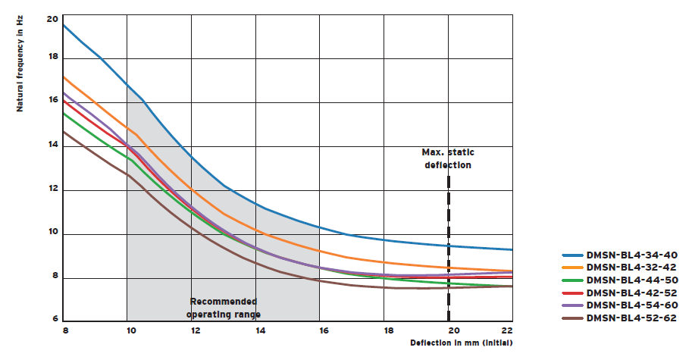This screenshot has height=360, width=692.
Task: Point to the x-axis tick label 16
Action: (x=324, y=331)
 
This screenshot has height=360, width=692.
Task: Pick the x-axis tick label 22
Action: (x=508, y=331)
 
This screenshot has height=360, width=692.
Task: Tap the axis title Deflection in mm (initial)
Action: (x=462, y=343)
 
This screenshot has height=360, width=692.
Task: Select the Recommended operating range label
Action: (x=224, y=307)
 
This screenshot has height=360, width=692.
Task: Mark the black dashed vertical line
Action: (x=449, y=250)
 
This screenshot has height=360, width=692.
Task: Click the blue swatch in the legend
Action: (x=572, y=255)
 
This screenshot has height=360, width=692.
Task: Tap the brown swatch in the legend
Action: (x=572, y=318)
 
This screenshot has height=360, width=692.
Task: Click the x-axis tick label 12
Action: (x=195, y=331)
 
